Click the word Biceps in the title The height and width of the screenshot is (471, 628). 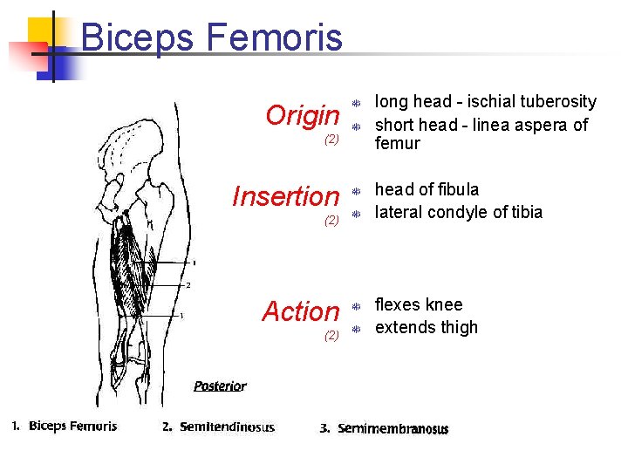click(x=140, y=38)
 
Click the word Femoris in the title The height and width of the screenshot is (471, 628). click(x=274, y=38)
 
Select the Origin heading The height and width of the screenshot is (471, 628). click(x=302, y=115)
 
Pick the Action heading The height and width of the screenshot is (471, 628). click(x=300, y=311)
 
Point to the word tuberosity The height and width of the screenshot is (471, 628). click(x=556, y=102)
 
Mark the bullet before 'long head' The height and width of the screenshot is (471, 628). click(x=356, y=103)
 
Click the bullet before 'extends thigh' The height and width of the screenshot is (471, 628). click(x=356, y=329)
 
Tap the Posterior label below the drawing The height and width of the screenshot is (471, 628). click(x=220, y=386)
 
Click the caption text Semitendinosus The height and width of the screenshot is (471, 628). click(x=226, y=427)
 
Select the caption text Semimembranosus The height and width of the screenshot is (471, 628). click(x=392, y=428)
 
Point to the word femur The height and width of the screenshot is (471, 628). click(x=397, y=144)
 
